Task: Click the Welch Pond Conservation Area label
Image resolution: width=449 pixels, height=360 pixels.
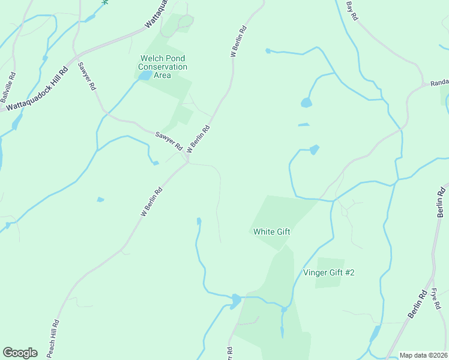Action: click(163, 67)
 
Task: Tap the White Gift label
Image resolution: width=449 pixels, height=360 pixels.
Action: click(272, 231)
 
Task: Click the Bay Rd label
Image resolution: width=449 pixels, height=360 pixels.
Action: click(352, 11)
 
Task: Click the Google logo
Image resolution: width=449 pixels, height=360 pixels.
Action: click(20, 353)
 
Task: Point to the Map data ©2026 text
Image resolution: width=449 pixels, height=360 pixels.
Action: click(423, 355)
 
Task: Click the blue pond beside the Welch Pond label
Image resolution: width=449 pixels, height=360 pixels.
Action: click(145, 76)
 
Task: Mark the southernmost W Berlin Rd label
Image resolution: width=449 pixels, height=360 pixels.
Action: click(152, 202)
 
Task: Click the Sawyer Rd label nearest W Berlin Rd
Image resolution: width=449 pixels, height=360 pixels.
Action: click(169, 140)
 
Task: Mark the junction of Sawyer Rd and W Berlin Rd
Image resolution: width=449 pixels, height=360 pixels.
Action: click(188, 162)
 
